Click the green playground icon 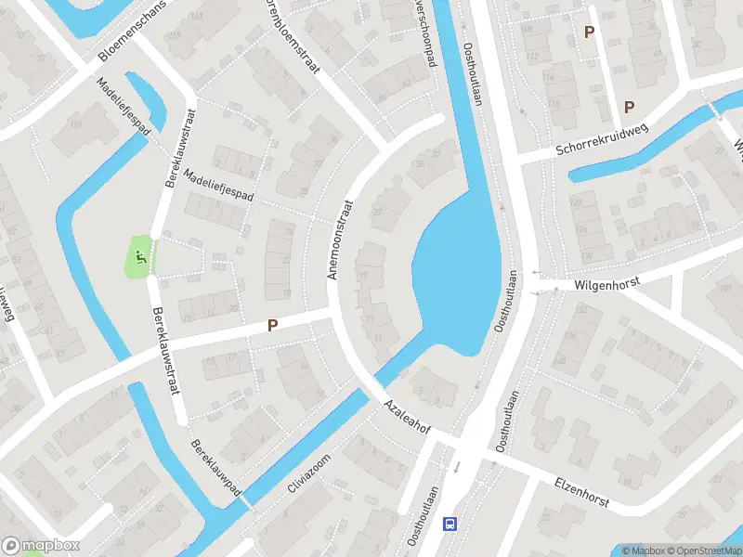(x=140, y=256)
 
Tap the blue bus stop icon (x=450, y=524)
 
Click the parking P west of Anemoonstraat (x=272, y=326)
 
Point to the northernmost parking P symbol (x=588, y=32)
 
